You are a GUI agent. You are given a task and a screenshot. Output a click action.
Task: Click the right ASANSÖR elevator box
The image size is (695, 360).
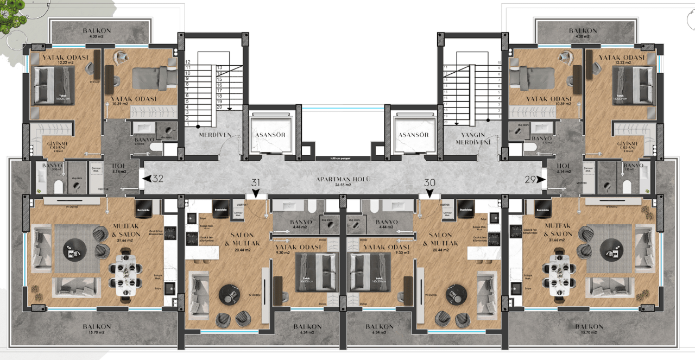tap(414, 135)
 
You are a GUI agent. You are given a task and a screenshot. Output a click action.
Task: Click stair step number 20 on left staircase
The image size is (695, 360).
tap(219, 107)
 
